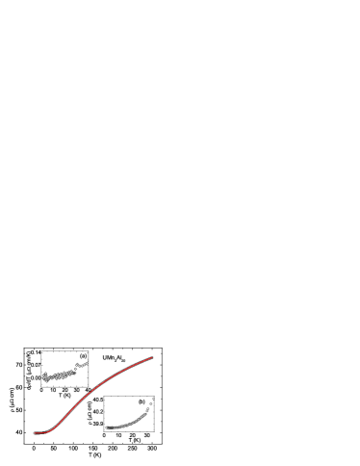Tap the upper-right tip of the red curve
coord(152,357)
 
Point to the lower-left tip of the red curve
coord(35,433)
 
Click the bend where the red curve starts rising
coord(53,427)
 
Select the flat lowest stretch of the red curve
coord(41,432)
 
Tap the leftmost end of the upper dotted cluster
coord(44,376)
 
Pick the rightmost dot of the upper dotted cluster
coord(88,362)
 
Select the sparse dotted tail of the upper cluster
coord(82,365)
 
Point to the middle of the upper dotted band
coord(60,375)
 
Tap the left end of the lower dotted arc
coord(107,427)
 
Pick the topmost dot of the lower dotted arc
coord(153,398)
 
